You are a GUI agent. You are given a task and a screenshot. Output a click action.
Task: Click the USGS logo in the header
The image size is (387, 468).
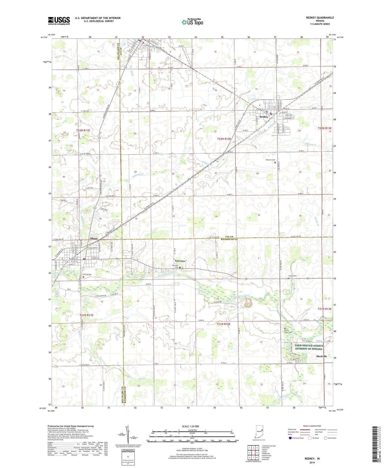click(59, 21)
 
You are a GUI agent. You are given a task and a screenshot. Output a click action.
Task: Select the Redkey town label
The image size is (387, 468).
click(264, 117)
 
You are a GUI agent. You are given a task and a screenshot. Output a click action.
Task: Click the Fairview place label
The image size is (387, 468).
click(180, 261)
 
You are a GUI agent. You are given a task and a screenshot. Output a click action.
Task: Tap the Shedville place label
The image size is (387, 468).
click(321, 356)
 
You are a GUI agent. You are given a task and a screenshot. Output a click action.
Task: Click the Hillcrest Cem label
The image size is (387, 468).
click(270, 160)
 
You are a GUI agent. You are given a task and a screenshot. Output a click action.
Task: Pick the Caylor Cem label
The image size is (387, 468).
click(292, 276)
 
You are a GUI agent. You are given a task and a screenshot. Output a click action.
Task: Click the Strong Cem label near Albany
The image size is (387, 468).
click(87, 274)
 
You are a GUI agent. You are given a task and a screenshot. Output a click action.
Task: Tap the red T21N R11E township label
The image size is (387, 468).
click(86, 315)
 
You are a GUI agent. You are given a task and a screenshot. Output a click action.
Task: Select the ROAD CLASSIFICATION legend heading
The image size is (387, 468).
click(312, 426)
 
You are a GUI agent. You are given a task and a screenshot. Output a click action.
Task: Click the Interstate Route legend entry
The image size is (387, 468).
click(296, 438)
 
